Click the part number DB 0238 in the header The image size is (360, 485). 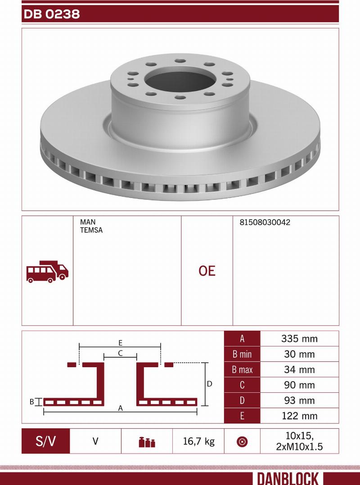pyautogui.click(x=51, y=14)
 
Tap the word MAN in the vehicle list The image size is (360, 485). pyautogui.click(x=87, y=222)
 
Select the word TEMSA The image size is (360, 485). pyautogui.click(x=91, y=230)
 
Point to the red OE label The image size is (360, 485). pyautogui.click(x=207, y=271)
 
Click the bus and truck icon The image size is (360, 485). pyautogui.click(x=47, y=271)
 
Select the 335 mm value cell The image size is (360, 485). pyautogui.click(x=299, y=339)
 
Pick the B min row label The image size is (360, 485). pyautogui.click(x=242, y=354)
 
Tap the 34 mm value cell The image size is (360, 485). pyautogui.click(x=299, y=370)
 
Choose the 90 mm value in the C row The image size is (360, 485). pyautogui.click(x=299, y=385)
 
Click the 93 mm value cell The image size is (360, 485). pyautogui.click(x=299, y=400)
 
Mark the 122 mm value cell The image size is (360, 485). pyautogui.click(x=299, y=416)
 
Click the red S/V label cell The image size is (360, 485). pyautogui.click(x=45, y=441)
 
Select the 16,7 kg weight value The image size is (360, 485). pyautogui.click(x=198, y=441)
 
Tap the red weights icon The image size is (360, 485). pyautogui.click(x=147, y=442)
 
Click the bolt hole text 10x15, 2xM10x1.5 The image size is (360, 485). pyautogui.click(x=299, y=441)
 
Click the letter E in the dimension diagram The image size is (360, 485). pyautogui.click(x=121, y=342)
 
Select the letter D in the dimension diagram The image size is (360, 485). pyautogui.click(x=209, y=384)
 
